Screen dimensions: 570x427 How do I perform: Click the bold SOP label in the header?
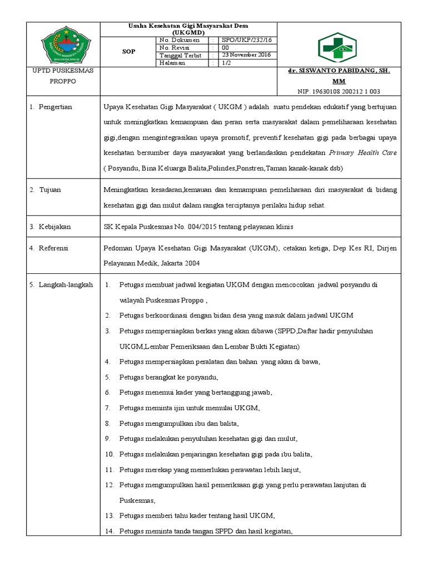pyautogui.click(x=128, y=51)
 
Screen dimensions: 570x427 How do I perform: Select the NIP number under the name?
pyautogui.click(x=339, y=91)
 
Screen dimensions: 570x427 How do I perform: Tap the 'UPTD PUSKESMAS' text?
pyautogui.click(x=54, y=71)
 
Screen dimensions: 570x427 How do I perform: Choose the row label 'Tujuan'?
pyautogui.click(x=49, y=190)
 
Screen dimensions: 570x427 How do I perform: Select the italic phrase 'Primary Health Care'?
pyautogui.click(x=363, y=153)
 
